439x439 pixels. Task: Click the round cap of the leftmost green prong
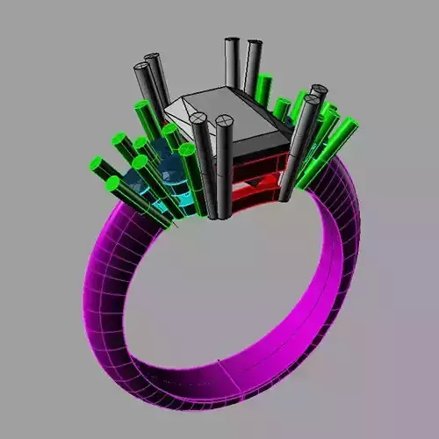click(96, 164)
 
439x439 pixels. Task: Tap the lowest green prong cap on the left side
click(112, 184)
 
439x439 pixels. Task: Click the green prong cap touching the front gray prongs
click(186, 150)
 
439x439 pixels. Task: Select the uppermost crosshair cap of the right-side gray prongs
click(318, 90)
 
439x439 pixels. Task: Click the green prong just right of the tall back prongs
click(264, 83)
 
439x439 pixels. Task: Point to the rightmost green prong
click(350, 123)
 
